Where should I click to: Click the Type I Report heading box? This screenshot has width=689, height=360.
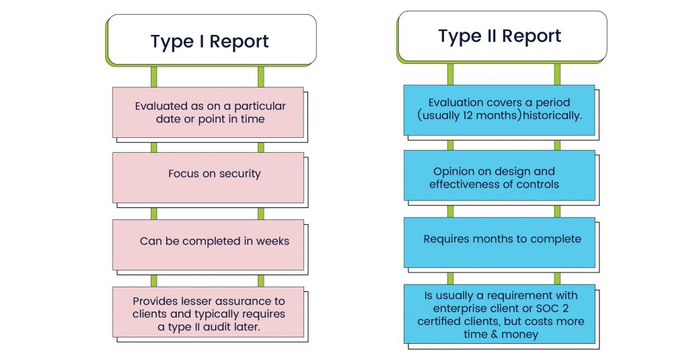pyautogui.click(x=209, y=41)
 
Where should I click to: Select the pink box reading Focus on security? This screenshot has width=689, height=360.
pyautogui.click(x=208, y=176)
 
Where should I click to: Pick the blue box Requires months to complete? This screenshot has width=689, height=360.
pyautogui.click(x=499, y=242)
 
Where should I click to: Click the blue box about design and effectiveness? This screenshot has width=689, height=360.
pyautogui.click(x=499, y=178)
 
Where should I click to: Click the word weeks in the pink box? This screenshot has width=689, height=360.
pyautogui.click(x=273, y=241)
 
